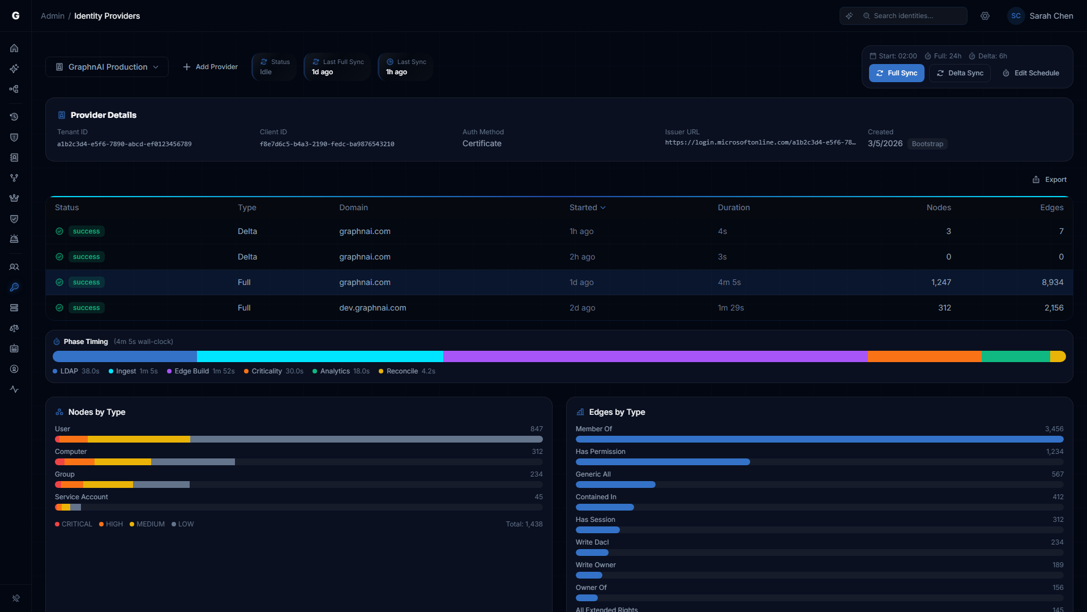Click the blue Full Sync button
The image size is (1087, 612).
tap(896, 73)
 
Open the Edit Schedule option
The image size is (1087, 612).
tap(1031, 73)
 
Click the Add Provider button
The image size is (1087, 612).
tap(210, 67)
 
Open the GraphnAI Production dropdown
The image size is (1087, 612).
tap(107, 67)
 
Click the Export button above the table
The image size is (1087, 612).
tap(1050, 180)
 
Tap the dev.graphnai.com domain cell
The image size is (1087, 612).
tap(373, 308)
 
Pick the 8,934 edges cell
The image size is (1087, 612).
tap(1052, 282)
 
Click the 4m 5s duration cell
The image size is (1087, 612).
tap(729, 282)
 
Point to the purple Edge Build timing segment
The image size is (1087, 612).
tap(655, 356)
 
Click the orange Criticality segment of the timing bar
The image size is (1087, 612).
tap(924, 356)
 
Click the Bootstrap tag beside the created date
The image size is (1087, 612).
tap(927, 144)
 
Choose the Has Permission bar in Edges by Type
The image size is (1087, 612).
tap(662, 462)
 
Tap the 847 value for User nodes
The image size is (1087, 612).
tap(536, 429)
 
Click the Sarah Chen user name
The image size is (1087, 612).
tap(1051, 16)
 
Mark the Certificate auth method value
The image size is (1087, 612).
tap(482, 143)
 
